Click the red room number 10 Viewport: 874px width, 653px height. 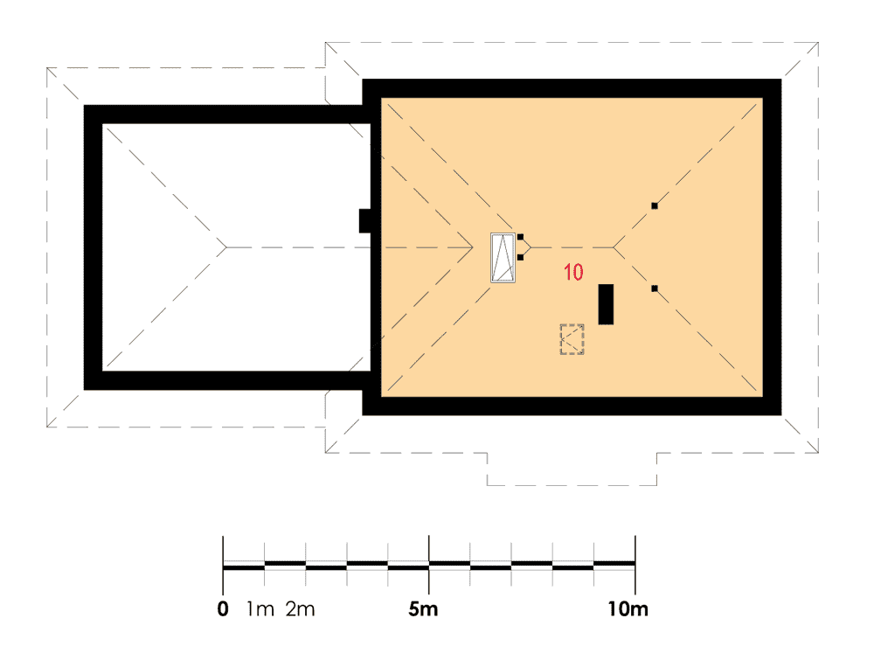tap(573, 272)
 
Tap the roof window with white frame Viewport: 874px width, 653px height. tap(503, 258)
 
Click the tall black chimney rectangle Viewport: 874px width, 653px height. tap(606, 304)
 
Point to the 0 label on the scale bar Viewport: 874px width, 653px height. tap(223, 608)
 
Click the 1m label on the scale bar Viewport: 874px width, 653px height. tap(260, 608)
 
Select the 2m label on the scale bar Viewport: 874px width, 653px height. tap(301, 608)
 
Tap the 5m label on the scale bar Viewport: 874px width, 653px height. tap(423, 608)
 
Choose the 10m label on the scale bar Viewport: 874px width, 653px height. tap(628, 608)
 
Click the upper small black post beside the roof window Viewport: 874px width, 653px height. tap(520, 237)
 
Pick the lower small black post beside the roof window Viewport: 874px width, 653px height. tap(520, 257)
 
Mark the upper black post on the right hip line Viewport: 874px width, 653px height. tap(655, 205)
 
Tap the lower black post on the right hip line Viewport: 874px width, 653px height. tap(655, 288)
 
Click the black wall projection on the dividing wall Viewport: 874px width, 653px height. tap(364, 221)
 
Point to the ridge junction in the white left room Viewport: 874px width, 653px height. tap(226, 247)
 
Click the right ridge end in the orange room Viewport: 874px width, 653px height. tap(614, 247)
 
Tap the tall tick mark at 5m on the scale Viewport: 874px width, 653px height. tap(428, 565)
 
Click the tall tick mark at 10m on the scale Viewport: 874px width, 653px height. tap(635, 565)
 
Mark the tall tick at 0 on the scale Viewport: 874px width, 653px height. tap(223, 565)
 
